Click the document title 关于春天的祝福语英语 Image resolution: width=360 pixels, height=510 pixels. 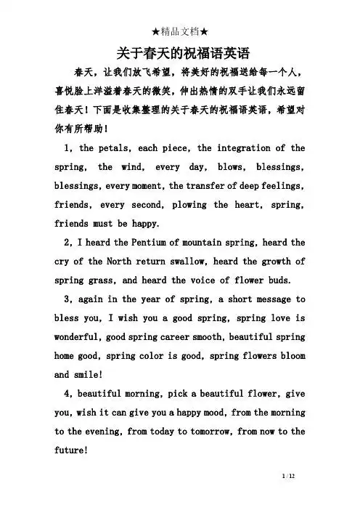pos(179,53)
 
